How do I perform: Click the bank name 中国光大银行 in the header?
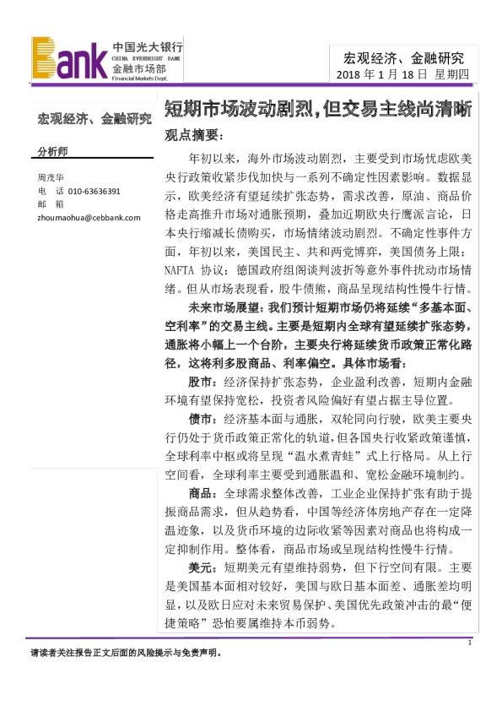pos(147,48)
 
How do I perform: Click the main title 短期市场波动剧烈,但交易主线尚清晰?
pos(317,110)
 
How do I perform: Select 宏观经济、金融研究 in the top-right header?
pos(403,57)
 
